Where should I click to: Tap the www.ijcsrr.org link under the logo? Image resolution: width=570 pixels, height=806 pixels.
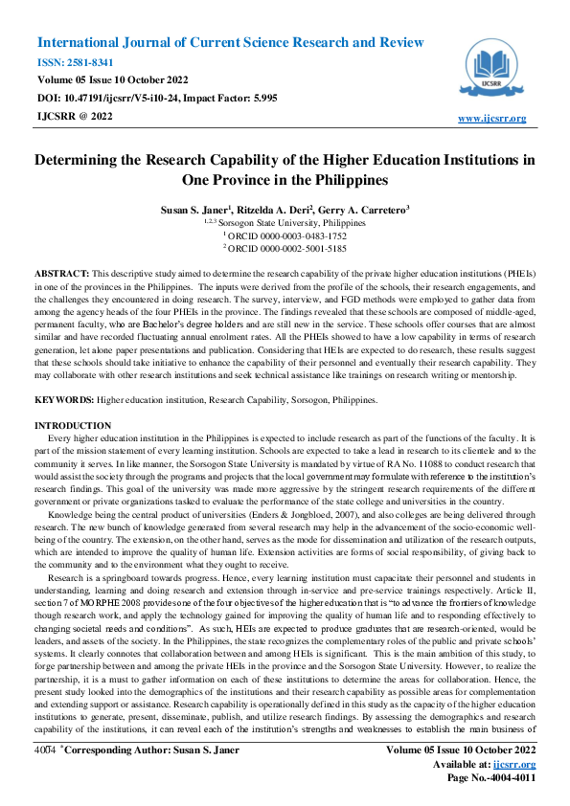pyautogui.click(x=492, y=118)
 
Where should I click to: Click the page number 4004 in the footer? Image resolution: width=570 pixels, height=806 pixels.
pyautogui.click(x=43, y=765)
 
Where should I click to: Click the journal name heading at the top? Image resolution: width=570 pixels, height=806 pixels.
pyautogui.click(x=230, y=43)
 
